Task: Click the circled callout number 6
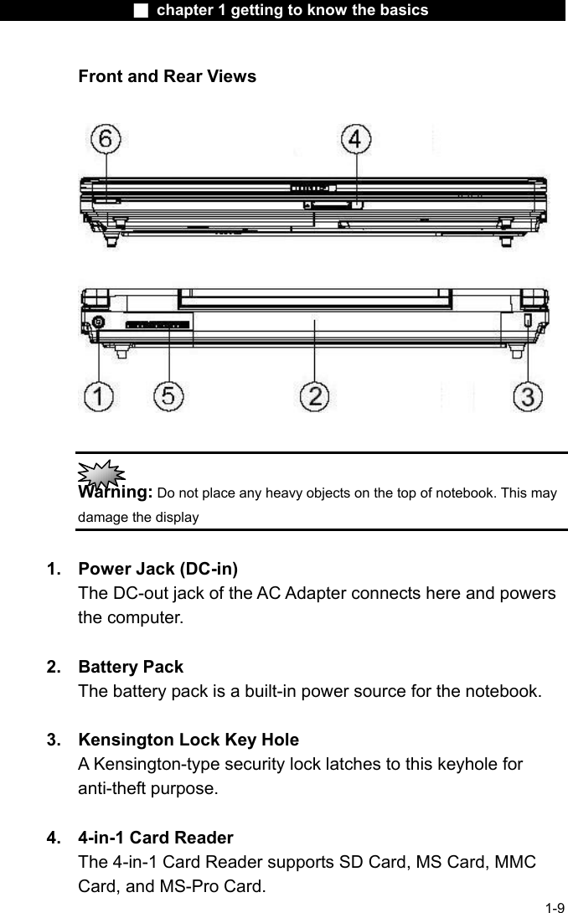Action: (106, 140)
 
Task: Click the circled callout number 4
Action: (355, 139)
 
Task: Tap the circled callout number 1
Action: (98, 396)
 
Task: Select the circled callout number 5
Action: (169, 396)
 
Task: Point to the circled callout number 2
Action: (315, 396)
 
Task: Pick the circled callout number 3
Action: (528, 396)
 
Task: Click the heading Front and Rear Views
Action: (167, 77)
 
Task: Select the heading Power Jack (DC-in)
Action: (157, 570)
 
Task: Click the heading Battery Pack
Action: (130, 668)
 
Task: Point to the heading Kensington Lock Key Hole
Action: (188, 740)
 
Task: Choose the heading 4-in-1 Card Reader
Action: (155, 838)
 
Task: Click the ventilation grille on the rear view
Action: (157, 323)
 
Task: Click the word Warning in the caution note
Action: (115, 492)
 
